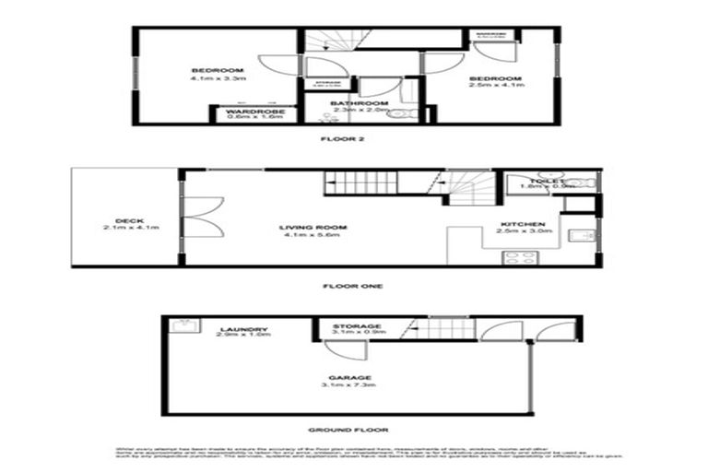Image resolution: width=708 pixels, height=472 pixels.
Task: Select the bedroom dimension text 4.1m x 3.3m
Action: [x=217, y=79]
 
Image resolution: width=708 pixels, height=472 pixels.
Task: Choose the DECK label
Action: [x=126, y=219]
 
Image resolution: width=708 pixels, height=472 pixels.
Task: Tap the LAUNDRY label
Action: [x=244, y=329]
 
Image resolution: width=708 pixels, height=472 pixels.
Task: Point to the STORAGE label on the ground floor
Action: [x=357, y=326]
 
